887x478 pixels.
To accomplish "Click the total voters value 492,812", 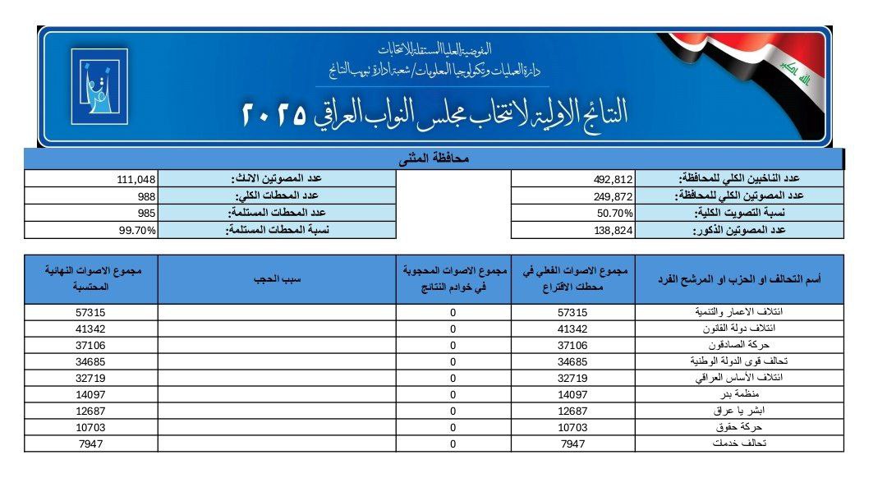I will tap(614, 178).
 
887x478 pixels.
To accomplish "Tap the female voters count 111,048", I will tap(136, 178).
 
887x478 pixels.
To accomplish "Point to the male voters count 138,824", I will tap(614, 230).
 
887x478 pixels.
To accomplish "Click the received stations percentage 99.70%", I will tap(137, 230).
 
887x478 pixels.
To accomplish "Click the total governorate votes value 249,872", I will tap(614, 195).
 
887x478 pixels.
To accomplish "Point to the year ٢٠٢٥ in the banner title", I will tap(275, 114).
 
